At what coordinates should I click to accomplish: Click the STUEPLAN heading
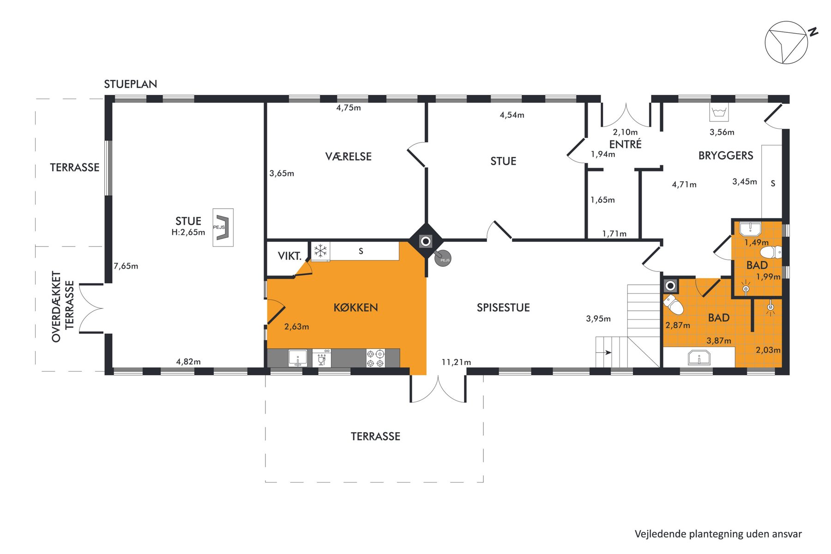coord(131,84)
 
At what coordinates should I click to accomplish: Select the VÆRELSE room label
coord(349,157)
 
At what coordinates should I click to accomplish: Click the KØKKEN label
coord(355,307)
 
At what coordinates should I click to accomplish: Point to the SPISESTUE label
coord(503,307)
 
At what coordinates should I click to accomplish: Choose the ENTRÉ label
coord(626,144)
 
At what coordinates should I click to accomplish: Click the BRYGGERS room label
coord(726,156)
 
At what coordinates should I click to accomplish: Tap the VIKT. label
coord(289,256)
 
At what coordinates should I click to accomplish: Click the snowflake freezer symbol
coord(320,252)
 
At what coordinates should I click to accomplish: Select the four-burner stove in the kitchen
coord(375,358)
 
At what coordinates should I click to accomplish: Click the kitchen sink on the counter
coord(298,358)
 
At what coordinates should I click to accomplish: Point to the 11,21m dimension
coord(456,362)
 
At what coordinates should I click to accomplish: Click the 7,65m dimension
coord(126,266)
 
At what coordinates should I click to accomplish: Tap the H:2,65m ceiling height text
coord(188,232)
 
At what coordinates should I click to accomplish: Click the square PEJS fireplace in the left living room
coord(223,228)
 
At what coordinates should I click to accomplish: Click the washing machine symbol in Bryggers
coord(719,112)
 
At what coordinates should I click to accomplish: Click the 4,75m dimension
coord(349,108)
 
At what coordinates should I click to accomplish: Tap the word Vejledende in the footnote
coord(660,534)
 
